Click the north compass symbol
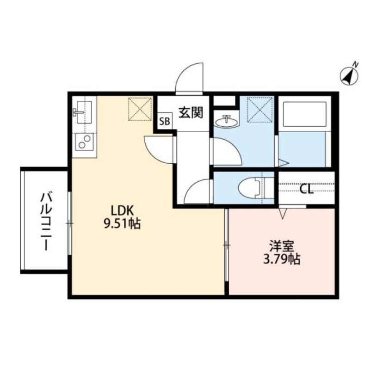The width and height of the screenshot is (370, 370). [350, 75]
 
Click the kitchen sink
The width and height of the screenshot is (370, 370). [83, 114]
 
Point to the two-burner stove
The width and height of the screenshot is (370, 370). [84, 142]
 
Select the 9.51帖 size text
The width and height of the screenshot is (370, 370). [122, 224]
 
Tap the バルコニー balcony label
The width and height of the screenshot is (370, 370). [45, 222]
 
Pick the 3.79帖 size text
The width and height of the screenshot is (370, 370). [281, 259]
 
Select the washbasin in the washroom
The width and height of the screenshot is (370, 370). [227, 121]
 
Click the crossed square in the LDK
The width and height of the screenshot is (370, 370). [140, 109]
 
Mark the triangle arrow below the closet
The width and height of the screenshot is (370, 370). [284, 213]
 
